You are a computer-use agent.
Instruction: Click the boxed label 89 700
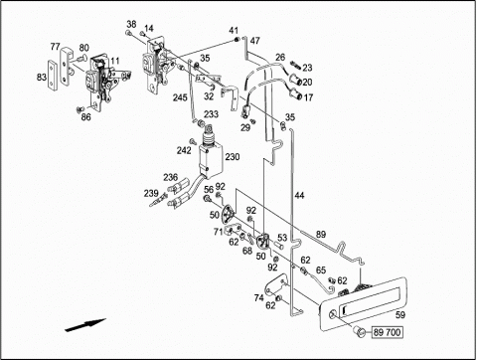[x=388, y=332]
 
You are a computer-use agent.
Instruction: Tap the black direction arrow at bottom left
[x=85, y=325]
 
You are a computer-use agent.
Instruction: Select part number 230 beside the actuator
[x=233, y=156]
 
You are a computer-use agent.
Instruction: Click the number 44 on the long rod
[x=299, y=196]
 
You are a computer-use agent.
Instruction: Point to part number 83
[x=42, y=78]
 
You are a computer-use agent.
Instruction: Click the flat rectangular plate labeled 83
[x=53, y=75]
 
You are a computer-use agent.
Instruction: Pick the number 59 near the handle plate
[x=400, y=314]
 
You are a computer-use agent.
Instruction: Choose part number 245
[x=180, y=98]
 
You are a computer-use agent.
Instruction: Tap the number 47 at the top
[x=255, y=41]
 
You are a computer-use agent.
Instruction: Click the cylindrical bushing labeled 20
[x=295, y=81]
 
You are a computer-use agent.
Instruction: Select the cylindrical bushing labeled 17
[x=296, y=95]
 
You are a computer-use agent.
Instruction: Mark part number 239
[x=151, y=193]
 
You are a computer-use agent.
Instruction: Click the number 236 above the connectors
[x=170, y=177]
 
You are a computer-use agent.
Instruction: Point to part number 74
[x=259, y=298]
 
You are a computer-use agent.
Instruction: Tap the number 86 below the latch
[x=85, y=117]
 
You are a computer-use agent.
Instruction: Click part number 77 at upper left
[x=55, y=47]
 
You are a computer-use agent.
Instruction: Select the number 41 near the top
[x=234, y=31]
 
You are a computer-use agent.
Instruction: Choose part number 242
[x=184, y=150]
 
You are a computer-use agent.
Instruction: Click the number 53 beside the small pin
[x=282, y=238]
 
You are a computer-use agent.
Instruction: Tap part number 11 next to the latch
[x=115, y=61]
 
